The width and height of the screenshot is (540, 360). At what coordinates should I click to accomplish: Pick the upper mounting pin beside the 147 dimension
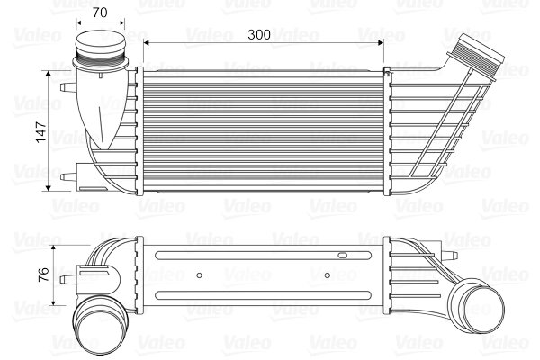click(x=67, y=87)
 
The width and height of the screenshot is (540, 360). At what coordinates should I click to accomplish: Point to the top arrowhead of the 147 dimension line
click(x=48, y=73)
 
